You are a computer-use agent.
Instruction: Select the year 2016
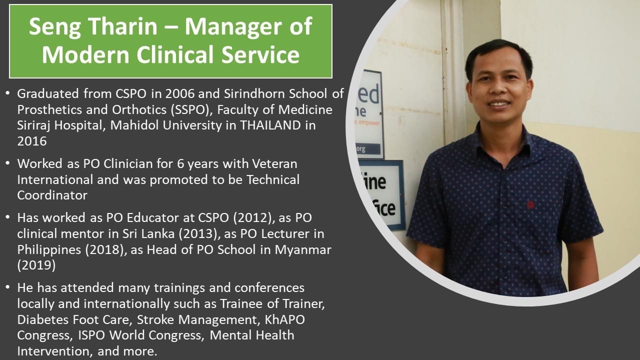32,141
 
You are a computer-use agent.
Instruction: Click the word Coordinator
52,195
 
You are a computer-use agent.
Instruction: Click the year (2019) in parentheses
36,265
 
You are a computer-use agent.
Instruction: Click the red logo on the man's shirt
530,204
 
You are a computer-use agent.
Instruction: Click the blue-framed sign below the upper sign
382,194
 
